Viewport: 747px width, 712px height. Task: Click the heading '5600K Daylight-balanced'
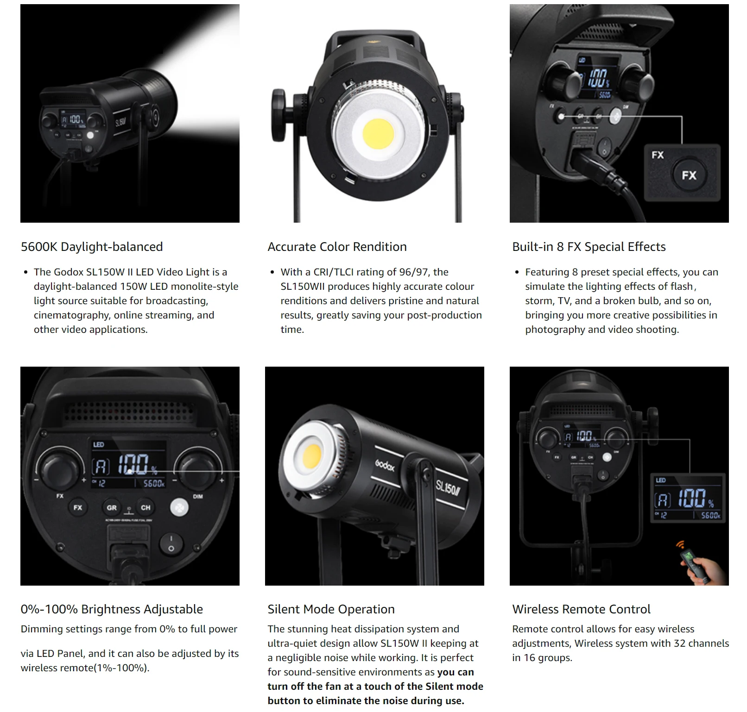(92, 247)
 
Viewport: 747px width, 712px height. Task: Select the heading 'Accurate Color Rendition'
(337, 247)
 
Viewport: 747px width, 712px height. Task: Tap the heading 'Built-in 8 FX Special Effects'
(589, 247)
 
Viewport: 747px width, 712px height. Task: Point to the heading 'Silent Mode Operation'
(331, 609)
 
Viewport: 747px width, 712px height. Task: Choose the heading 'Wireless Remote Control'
(581, 609)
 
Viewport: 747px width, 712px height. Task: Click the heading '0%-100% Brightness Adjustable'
(112, 609)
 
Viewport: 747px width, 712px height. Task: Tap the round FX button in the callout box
(689, 175)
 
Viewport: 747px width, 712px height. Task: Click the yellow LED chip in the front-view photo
(378, 131)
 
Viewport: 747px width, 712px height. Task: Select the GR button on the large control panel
(112, 507)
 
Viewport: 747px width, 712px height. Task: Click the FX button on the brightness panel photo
(77, 507)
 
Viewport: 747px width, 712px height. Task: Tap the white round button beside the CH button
(179, 508)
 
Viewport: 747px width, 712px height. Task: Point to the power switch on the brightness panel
(171, 544)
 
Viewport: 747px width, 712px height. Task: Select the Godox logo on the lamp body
(385, 464)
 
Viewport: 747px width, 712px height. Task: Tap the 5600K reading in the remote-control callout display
(710, 515)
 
